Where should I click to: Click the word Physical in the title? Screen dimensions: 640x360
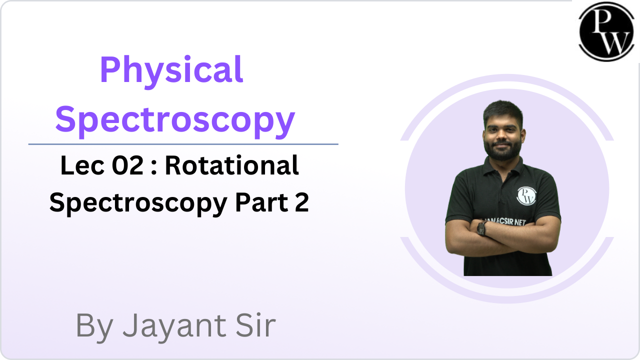(171, 72)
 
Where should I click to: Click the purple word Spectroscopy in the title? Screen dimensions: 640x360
(175, 121)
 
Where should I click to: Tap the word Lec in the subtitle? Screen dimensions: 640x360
(82, 165)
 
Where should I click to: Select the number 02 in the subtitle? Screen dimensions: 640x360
(127, 165)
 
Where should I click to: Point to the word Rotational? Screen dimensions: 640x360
(232, 165)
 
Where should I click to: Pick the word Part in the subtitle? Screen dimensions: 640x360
(261, 202)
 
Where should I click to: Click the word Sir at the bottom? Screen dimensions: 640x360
(255, 325)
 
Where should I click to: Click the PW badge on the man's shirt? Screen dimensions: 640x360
(526, 195)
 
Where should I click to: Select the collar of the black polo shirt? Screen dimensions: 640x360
(503, 167)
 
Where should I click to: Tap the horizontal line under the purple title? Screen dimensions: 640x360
(183, 144)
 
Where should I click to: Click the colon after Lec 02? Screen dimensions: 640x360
(154, 167)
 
